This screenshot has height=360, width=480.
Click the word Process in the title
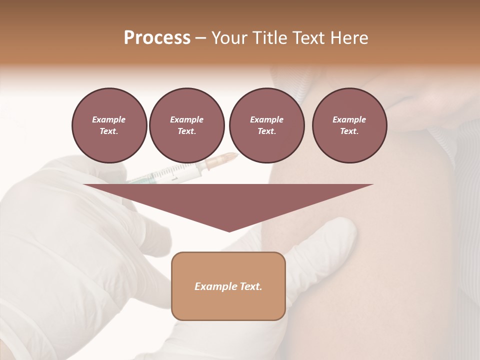(x=157, y=38)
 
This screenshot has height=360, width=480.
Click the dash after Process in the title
(x=200, y=38)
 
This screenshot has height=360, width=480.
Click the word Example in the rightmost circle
(x=349, y=119)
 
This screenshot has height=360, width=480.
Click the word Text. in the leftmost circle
(x=109, y=131)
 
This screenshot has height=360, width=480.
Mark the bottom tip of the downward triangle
(x=229, y=231)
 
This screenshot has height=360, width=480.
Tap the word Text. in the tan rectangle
(x=251, y=286)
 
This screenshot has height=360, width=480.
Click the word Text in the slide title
(x=309, y=38)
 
